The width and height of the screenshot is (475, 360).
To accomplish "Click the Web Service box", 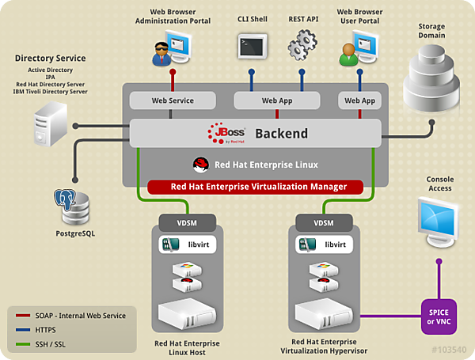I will click(x=173, y=100).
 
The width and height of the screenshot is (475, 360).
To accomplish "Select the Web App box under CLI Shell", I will click(x=277, y=100).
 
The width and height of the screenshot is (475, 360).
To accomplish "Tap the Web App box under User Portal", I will click(x=360, y=100).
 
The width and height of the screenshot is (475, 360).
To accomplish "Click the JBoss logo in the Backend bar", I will click(x=228, y=133).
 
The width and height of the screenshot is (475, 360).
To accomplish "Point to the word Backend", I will click(x=282, y=134).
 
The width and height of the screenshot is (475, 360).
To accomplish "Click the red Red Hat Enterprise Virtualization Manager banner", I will click(x=255, y=188).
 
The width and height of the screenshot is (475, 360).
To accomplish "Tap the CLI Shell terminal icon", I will click(x=253, y=44).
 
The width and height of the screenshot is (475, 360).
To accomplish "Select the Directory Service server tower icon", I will click(x=50, y=126).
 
